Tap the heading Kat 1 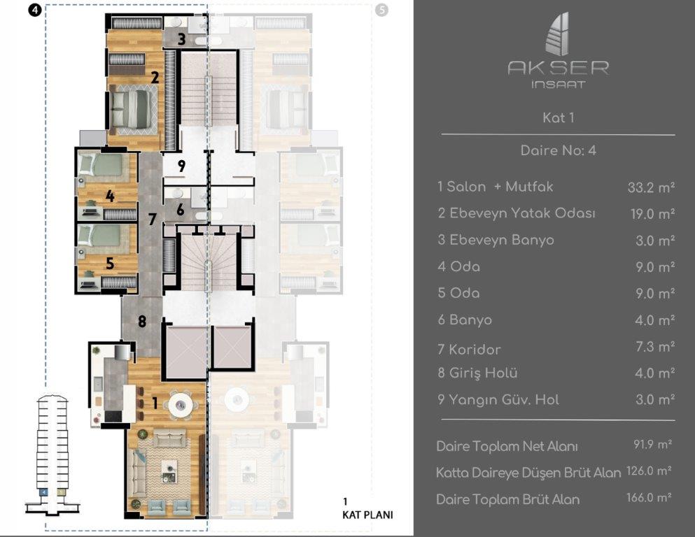tap(558, 117)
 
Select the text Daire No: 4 tap(558, 150)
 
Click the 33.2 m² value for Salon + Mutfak tap(651, 187)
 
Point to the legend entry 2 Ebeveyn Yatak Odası tap(516, 213)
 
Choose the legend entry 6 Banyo tap(465, 320)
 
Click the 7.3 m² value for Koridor tap(651, 348)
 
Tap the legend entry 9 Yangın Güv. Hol tap(498, 400)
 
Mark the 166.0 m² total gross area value tap(649, 499)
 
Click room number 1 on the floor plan tap(155, 402)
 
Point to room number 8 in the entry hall tap(141, 322)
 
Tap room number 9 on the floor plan tap(181, 166)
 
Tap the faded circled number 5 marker tap(381, 10)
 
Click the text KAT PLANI tap(367, 515)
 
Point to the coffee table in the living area tap(169, 470)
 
